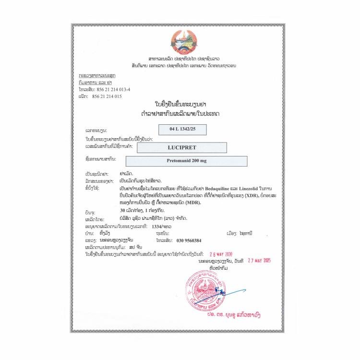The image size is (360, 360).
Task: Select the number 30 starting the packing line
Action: click(x=124, y=211)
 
